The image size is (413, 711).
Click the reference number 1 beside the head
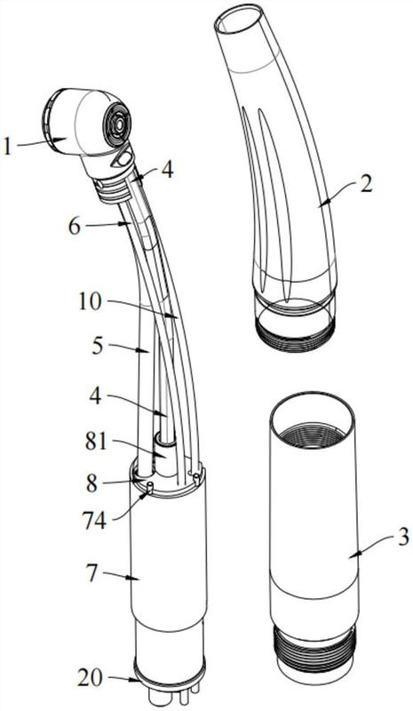tap(7, 147)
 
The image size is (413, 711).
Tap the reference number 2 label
tap(366, 183)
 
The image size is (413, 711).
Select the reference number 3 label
tap(403, 537)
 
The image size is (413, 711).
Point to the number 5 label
tap(99, 347)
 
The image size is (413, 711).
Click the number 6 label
tap(75, 227)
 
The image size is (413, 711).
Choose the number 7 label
tap(92, 574)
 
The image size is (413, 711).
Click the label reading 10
tap(89, 302)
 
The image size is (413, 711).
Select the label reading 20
tap(91, 677)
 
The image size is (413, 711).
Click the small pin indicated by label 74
tap(150, 487)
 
